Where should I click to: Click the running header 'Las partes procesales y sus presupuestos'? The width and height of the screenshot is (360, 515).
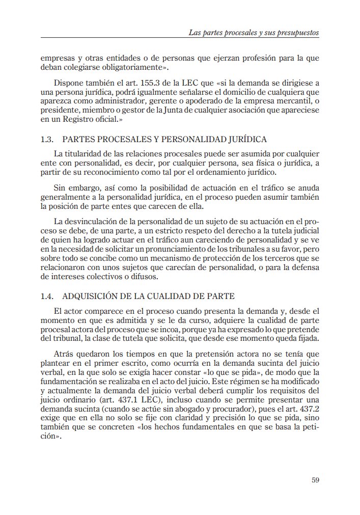pos(254,33)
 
